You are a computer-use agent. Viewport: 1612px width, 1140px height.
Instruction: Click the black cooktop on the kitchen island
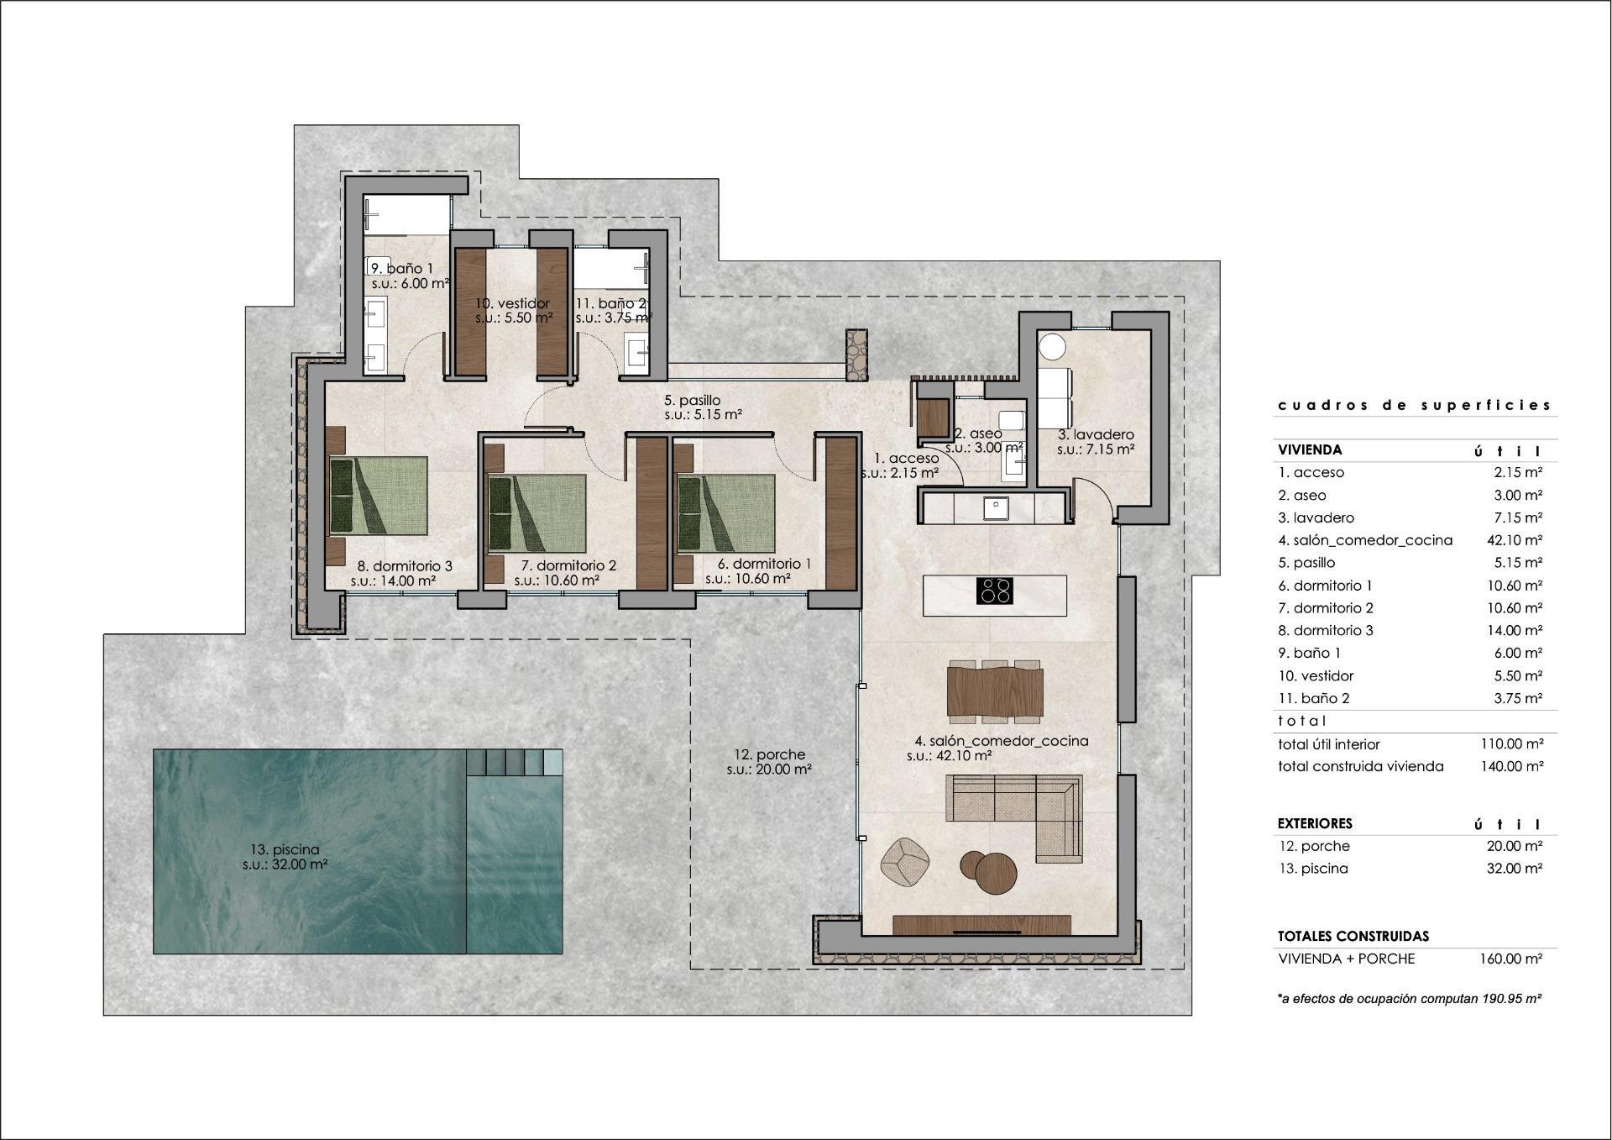coord(995,591)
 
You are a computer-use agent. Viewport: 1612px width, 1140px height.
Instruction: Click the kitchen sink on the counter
coord(997,507)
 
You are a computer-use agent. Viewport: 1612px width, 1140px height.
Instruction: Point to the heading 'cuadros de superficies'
coord(1415,405)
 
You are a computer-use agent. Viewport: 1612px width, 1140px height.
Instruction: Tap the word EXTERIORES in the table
coord(1315,823)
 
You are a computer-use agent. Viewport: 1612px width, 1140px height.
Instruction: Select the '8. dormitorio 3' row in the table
coord(1326,630)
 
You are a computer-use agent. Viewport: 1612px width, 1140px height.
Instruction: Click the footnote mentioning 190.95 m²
coord(1410,999)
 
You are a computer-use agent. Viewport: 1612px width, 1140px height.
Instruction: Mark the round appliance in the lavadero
coord(1052,346)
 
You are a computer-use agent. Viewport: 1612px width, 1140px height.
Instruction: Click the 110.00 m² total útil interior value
coord(1510,743)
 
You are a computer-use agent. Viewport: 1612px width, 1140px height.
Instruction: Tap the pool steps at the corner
coord(515,763)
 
